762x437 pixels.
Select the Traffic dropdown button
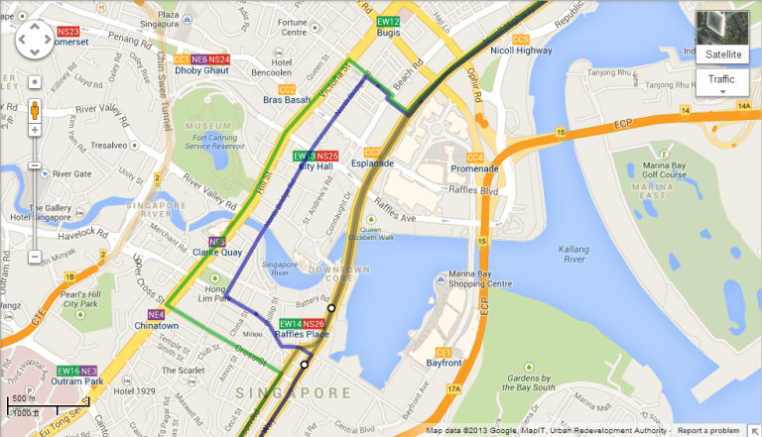tap(721, 79)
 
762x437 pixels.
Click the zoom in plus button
tap(35, 130)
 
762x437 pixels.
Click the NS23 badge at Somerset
tap(68, 32)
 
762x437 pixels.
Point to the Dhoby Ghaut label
tap(202, 71)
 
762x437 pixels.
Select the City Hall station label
tap(315, 166)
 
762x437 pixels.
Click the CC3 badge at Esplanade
tap(372, 152)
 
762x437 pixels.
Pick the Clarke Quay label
tap(218, 253)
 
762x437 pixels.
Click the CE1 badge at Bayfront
tap(444, 353)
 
